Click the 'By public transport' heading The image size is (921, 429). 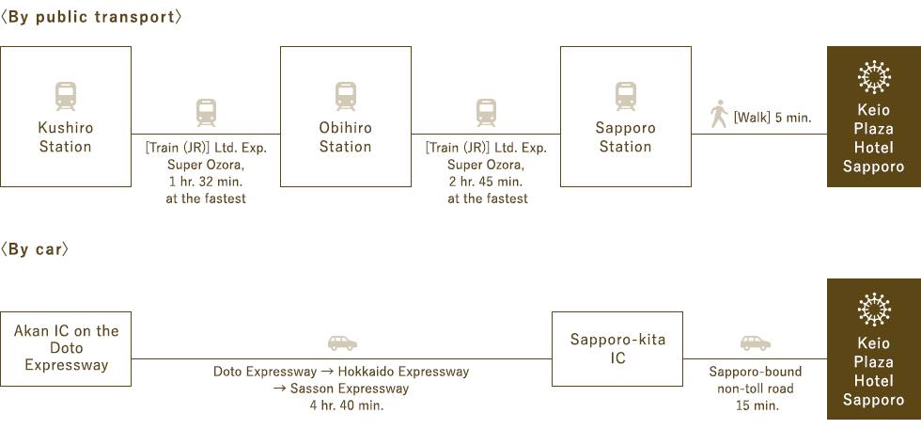[x=91, y=17]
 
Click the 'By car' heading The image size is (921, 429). [x=35, y=249]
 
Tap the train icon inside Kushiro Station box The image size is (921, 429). [x=65, y=96]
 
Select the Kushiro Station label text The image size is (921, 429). [x=65, y=137]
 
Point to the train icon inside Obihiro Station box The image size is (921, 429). [x=346, y=96]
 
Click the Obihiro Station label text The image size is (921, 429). [x=346, y=137]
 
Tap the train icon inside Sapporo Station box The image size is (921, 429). [x=626, y=96]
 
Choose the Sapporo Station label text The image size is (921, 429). [x=626, y=137]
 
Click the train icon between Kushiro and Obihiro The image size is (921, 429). [x=206, y=113]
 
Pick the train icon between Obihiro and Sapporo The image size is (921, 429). [x=487, y=113]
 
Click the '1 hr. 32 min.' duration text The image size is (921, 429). [x=206, y=181]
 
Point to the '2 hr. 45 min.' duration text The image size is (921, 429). [x=487, y=181]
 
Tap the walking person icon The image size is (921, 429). [x=719, y=114]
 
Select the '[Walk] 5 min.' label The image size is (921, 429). [x=773, y=118]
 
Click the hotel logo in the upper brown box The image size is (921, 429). [x=874, y=77]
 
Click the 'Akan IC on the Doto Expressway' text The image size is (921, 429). [x=67, y=348]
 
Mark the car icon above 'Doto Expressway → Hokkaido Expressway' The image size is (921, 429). [x=342, y=343]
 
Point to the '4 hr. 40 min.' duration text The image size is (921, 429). [x=347, y=405]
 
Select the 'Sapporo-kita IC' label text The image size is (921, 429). [x=618, y=348]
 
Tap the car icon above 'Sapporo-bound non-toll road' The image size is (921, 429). [x=756, y=343]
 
